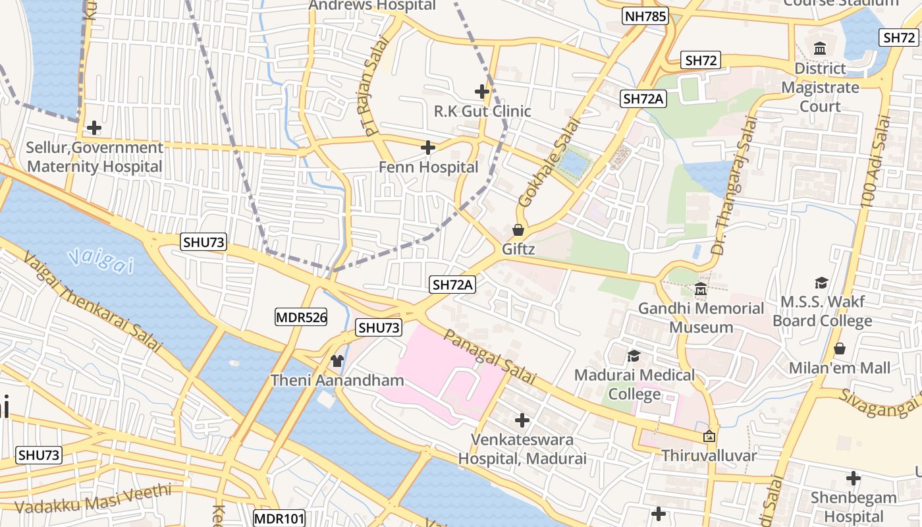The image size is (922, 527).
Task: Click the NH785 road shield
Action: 645,16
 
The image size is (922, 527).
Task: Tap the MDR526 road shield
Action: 301,318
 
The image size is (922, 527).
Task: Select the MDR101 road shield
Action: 279,518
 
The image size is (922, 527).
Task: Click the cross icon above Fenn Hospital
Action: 428,148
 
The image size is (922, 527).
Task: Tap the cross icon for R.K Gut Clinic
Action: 482,91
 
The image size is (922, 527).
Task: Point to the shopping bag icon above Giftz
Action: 518,230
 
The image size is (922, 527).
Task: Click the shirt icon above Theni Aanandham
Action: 337,360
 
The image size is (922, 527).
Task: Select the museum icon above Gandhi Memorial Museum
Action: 700,289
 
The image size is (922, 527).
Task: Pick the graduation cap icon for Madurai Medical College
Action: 634,356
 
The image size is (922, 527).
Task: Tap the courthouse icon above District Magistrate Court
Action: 820,49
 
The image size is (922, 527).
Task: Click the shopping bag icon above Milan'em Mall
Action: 840,348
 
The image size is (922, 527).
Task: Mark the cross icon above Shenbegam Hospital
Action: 854,478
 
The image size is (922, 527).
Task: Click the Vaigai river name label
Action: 100,260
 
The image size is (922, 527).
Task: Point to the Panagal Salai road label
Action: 489,358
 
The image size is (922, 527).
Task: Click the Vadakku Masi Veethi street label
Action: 92,499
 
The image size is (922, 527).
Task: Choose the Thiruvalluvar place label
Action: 709,455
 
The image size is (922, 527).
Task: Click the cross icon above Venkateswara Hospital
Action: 522,420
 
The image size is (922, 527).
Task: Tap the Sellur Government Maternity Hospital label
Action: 94,157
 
